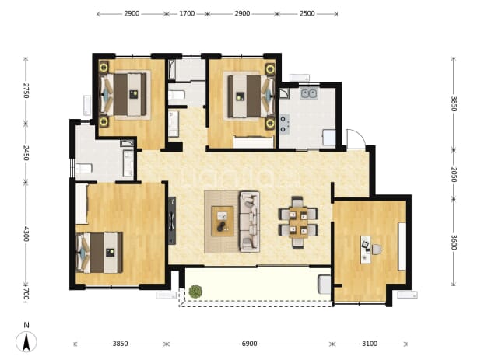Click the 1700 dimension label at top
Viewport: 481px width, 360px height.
[187, 13]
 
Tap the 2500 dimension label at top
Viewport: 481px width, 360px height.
[307, 13]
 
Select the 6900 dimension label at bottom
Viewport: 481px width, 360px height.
[249, 344]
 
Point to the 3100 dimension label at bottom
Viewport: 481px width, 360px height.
[370, 344]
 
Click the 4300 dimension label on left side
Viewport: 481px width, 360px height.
[26, 234]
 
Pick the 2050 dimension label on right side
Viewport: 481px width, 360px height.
[454, 175]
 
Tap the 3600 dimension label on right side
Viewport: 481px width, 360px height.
[454, 243]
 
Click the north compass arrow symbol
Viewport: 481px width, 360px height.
[26, 341]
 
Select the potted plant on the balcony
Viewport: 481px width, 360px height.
[195, 292]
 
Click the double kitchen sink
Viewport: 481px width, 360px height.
[309, 93]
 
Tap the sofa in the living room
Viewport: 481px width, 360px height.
[249, 222]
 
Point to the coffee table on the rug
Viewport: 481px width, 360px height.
[223, 221]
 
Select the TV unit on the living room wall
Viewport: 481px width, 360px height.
[172, 221]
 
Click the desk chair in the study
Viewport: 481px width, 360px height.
[377, 249]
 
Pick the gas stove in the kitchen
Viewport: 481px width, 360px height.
[284, 124]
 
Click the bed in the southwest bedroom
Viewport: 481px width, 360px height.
[99, 253]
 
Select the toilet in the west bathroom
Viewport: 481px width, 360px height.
[84, 168]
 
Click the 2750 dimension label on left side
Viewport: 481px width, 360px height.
[26, 91]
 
